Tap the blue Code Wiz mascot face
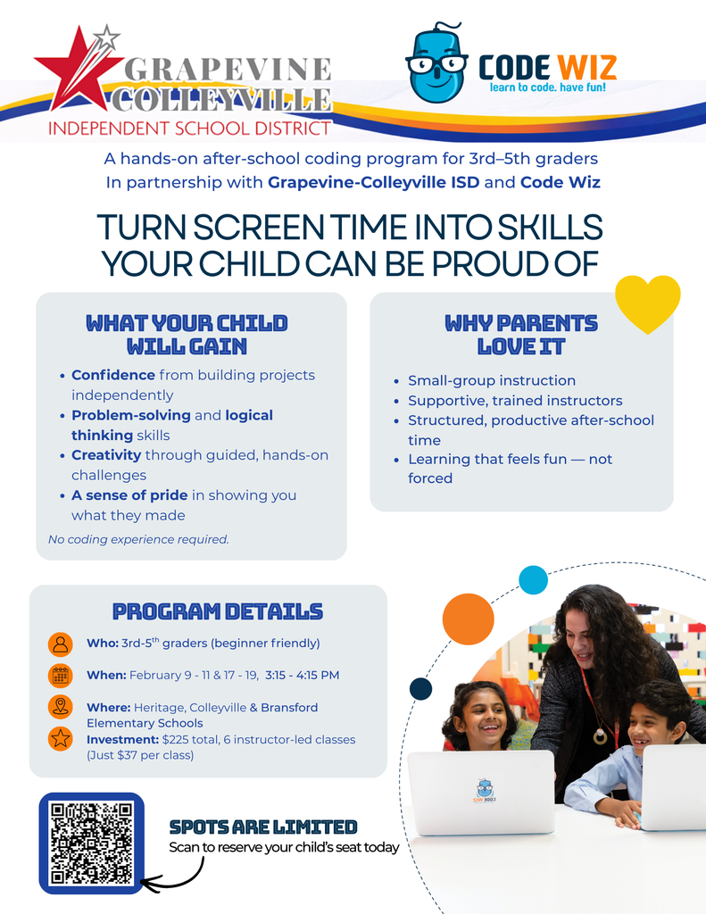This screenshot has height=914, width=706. click(x=436, y=63)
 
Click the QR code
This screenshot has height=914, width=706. click(x=91, y=843)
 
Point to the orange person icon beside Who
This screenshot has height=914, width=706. click(x=61, y=644)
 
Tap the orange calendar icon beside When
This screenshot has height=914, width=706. click(x=61, y=676)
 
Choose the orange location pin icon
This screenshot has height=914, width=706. click(x=61, y=707)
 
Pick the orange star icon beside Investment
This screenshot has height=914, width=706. click(x=61, y=738)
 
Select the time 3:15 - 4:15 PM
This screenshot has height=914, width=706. click(x=302, y=675)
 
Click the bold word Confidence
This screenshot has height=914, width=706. click(x=113, y=375)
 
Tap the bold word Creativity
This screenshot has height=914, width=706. click(x=106, y=454)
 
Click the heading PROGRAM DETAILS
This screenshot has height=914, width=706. click(x=218, y=611)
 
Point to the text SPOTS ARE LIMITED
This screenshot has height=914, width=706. click(x=263, y=827)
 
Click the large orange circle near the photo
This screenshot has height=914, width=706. click(x=469, y=619)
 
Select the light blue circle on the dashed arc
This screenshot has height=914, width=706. click(x=534, y=580)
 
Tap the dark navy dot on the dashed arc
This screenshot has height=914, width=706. click(x=421, y=688)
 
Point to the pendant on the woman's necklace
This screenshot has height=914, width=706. click(x=599, y=737)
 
